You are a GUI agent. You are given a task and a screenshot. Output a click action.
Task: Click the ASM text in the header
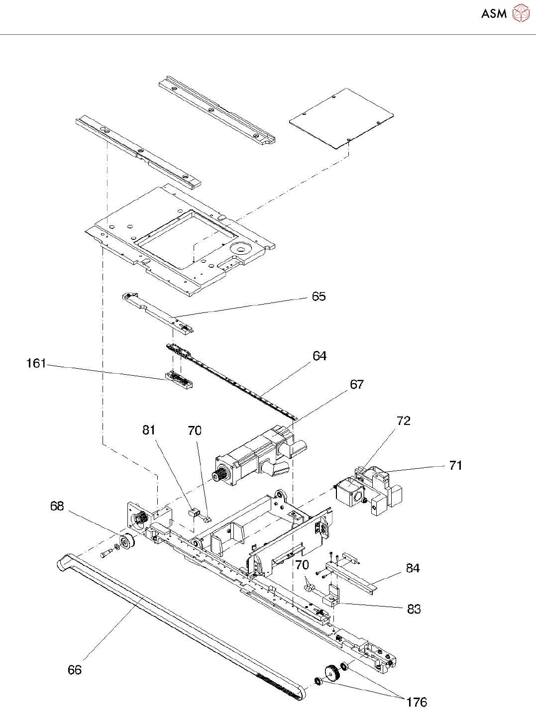tap(494, 13)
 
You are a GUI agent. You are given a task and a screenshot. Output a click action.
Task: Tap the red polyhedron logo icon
tap(521, 13)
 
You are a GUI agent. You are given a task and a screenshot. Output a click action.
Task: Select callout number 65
tap(319, 297)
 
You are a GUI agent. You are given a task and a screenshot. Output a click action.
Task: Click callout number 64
tap(320, 356)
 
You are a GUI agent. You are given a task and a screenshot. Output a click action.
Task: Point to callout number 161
tap(36, 363)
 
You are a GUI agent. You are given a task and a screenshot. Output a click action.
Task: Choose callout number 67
tap(356, 384)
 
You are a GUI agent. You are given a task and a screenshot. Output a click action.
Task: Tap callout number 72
tap(403, 420)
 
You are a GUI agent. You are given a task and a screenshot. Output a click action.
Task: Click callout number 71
tap(456, 466)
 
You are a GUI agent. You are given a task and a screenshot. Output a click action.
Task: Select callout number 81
tap(149, 430)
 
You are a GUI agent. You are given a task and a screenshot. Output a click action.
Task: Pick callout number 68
tap(57, 506)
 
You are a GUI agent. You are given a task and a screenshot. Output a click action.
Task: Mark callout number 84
tap(413, 568)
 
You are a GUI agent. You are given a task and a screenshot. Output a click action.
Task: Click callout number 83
tap(414, 609)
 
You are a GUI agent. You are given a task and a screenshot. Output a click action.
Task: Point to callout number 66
tap(75, 670)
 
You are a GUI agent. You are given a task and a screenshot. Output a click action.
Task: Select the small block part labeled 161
tap(179, 380)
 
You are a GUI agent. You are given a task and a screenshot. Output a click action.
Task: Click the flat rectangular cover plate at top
tap(341, 118)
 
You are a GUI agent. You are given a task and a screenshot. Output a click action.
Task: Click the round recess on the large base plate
tap(241, 249)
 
